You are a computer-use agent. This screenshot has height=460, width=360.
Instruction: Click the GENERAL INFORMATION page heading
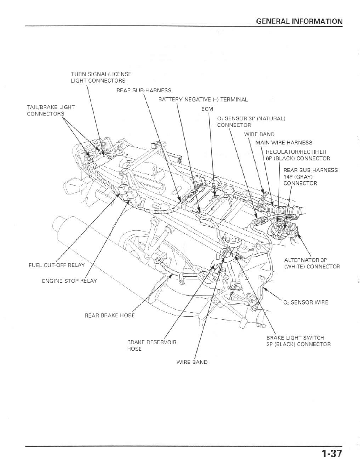click(299, 21)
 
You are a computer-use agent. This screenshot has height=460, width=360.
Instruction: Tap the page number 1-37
click(331, 453)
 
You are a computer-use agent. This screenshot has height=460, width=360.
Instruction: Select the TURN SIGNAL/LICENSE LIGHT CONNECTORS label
click(101, 77)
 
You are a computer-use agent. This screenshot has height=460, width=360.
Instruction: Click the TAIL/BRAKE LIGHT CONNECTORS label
click(51, 110)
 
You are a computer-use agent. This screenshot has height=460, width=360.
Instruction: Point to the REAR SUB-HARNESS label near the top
click(144, 90)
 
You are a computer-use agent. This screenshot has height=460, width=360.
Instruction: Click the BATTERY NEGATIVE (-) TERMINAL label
click(203, 99)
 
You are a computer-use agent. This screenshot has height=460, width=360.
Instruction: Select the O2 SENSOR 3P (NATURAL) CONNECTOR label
click(251, 122)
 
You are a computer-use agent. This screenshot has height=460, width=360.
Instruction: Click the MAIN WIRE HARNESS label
click(283, 143)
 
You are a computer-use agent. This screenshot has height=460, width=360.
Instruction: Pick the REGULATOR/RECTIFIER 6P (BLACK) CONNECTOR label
click(298, 155)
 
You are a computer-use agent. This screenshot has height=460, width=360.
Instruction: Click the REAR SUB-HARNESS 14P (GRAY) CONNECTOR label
click(310, 176)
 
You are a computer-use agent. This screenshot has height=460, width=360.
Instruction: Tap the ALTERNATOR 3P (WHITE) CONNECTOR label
click(312, 263)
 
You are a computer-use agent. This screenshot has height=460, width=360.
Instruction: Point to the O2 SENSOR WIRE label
click(306, 303)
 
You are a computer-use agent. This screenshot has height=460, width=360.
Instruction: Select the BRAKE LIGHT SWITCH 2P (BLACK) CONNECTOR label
click(298, 341)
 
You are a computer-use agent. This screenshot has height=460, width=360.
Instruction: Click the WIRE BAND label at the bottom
click(192, 362)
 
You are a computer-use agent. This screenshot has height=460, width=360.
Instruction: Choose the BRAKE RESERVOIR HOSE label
click(152, 345)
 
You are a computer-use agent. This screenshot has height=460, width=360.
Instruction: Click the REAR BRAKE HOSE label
click(109, 316)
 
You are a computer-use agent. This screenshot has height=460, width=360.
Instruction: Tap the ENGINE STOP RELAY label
click(69, 281)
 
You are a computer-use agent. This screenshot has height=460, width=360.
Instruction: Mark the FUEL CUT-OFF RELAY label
click(57, 265)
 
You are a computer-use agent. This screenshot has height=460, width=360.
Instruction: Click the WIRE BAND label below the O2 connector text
click(259, 134)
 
